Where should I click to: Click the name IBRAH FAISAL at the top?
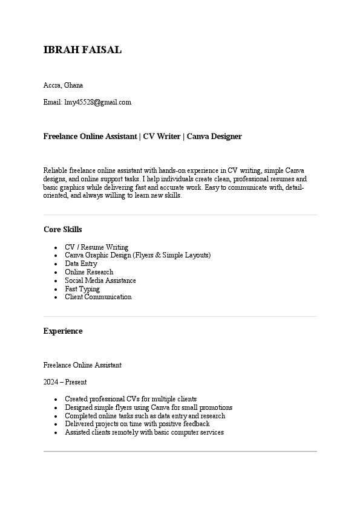pos(82,50)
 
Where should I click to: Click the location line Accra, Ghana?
pos(63,85)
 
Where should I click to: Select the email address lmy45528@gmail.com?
pos(97,102)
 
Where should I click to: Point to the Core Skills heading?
pos(63,230)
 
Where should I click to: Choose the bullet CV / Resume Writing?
pos(96,247)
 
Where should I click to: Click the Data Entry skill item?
pos(80,264)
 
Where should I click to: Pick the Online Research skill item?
pos(88,272)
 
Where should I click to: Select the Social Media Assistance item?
pos(100,280)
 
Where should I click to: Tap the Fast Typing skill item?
pos(82,289)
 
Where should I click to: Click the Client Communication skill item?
pos(98,297)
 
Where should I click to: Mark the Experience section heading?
pos(63,331)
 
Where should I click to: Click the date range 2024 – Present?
pos(65,382)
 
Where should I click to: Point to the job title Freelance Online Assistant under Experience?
pos(82,365)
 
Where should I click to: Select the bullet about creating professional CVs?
pos(130,399)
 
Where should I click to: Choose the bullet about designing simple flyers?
pos(148,407)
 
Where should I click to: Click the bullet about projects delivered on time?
pos(137,424)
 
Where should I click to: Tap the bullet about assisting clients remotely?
pos(144,432)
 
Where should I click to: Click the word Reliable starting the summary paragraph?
pos(56,170)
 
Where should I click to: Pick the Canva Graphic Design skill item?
pos(137,255)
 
